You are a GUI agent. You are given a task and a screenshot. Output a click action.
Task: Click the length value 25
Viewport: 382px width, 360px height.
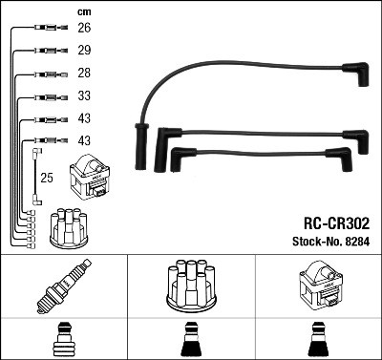(x=46, y=177)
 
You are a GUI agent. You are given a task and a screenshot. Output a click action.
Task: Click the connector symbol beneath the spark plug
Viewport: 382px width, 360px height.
(x=63, y=340)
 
